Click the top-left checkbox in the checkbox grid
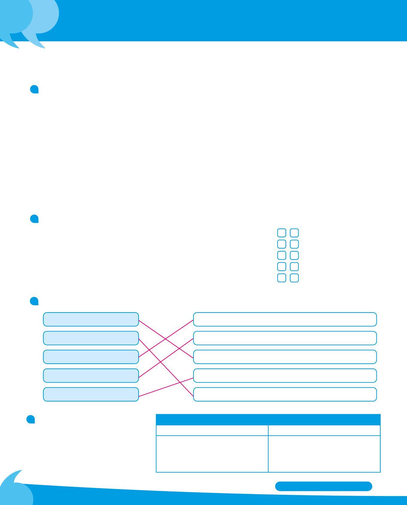pyautogui.click(x=282, y=233)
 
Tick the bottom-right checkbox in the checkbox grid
pyautogui.click(x=294, y=278)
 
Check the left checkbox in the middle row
pyautogui.click(x=282, y=255)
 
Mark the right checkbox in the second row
pyautogui.click(x=294, y=244)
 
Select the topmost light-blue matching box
pyautogui.click(x=91, y=319)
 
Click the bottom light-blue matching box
pyautogui.click(x=91, y=394)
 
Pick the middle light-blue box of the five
pyautogui.click(x=91, y=357)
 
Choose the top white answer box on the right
pyautogui.click(x=285, y=319)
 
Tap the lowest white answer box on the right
pyautogui.click(x=285, y=394)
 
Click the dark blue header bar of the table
pyautogui.click(x=268, y=420)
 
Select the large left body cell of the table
pyautogui.click(x=212, y=454)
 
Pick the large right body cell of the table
pyautogui.click(x=324, y=454)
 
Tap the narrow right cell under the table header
pyautogui.click(x=324, y=430)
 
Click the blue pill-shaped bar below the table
pyautogui.click(x=323, y=486)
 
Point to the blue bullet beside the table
pyautogui.click(x=31, y=419)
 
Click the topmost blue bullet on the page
pyautogui.click(x=34, y=89)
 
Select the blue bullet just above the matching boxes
pyautogui.click(x=34, y=301)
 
